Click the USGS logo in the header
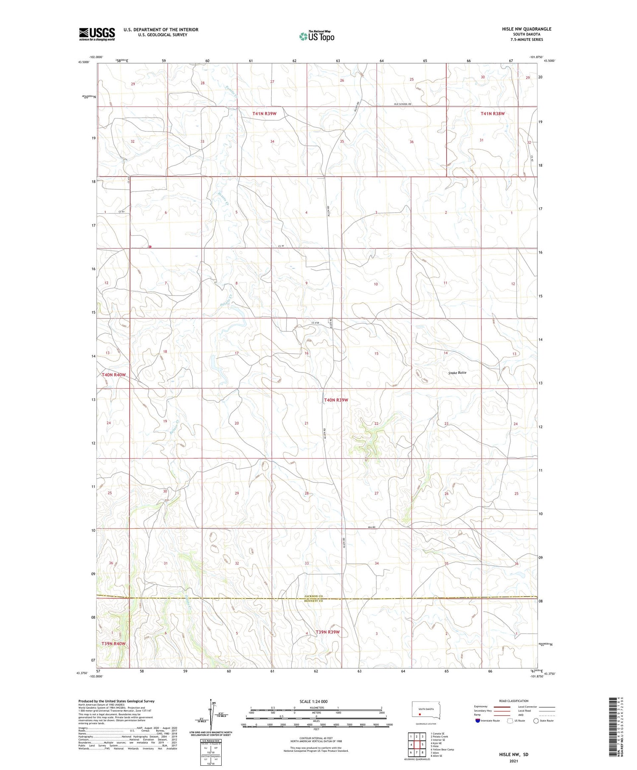point(97,34)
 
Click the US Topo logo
point(316,36)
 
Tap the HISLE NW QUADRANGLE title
point(526,29)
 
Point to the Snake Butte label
point(457,372)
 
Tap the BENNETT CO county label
point(314,601)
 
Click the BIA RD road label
point(372,527)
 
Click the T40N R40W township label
point(113,375)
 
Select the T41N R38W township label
point(493,113)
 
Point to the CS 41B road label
point(315,322)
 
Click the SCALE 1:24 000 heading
point(313,701)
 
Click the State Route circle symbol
point(536,720)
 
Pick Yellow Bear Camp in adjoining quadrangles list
point(442,749)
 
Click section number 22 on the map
point(376,423)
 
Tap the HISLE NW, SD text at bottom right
point(513,755)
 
